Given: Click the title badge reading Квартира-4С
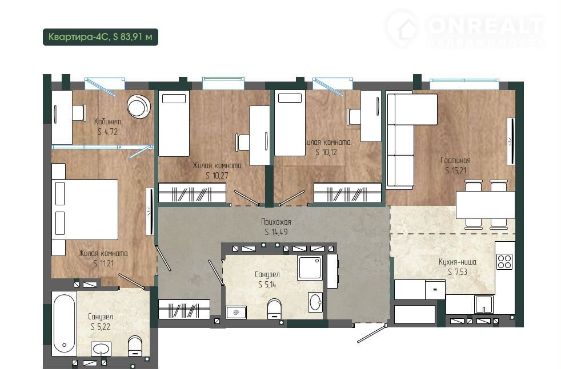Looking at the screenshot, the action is point(100,37).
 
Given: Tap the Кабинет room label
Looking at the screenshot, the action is point(107,121).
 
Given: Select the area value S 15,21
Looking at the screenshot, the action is point(455,171).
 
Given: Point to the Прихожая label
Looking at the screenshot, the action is point(276,222).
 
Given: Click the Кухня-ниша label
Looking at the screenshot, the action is point(457,262).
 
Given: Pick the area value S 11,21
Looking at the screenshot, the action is point(103,263).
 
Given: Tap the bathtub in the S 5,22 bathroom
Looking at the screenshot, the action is point(65,323).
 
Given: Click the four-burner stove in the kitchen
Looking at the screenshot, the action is point(504,261).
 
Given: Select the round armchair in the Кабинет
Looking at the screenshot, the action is point(139,106).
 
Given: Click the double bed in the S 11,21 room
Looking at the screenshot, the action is point(85,209).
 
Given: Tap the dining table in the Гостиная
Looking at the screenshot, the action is point(485,205).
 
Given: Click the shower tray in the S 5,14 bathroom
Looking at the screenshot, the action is point(310,267).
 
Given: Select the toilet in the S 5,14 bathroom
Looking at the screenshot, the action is point(274,309).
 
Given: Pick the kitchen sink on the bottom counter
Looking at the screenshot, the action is point(484,304).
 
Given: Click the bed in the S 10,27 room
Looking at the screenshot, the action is point(174,123).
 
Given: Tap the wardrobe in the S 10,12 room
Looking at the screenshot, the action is point(347,193).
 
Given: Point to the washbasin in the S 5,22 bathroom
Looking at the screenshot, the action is point(101,348).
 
